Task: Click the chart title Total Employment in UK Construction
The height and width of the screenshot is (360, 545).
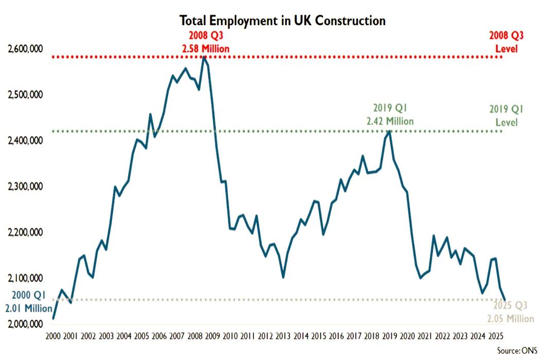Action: (x=282, y=21)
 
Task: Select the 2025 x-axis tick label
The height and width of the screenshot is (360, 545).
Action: (x=495, y=336)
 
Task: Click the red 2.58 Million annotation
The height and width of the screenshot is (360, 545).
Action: (x=205, y=49)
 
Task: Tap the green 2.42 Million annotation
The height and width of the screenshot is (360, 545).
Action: (x=390, y=121)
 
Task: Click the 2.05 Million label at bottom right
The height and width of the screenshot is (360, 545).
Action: (x=511, y=318)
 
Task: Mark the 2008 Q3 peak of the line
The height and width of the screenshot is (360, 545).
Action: (x=204, y=57)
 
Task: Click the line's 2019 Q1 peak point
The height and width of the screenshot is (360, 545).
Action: (x=390, y=131)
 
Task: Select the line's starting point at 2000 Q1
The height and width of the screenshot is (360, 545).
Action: (x=53, y=318)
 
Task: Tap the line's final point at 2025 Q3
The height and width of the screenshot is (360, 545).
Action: (x=505, y=300)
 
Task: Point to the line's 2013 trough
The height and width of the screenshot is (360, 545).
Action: (x=283, y=277)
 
